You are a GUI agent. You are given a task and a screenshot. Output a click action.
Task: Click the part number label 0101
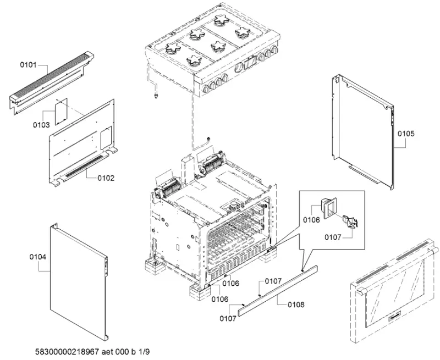click(28, 65)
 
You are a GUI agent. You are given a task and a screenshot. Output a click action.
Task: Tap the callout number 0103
click(41, 125)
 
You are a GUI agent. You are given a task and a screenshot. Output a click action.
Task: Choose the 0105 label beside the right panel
click(406, 134)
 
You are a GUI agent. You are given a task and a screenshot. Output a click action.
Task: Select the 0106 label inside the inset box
click(311, 220)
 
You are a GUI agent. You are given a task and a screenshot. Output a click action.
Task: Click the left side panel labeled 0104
click(77, 280)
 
